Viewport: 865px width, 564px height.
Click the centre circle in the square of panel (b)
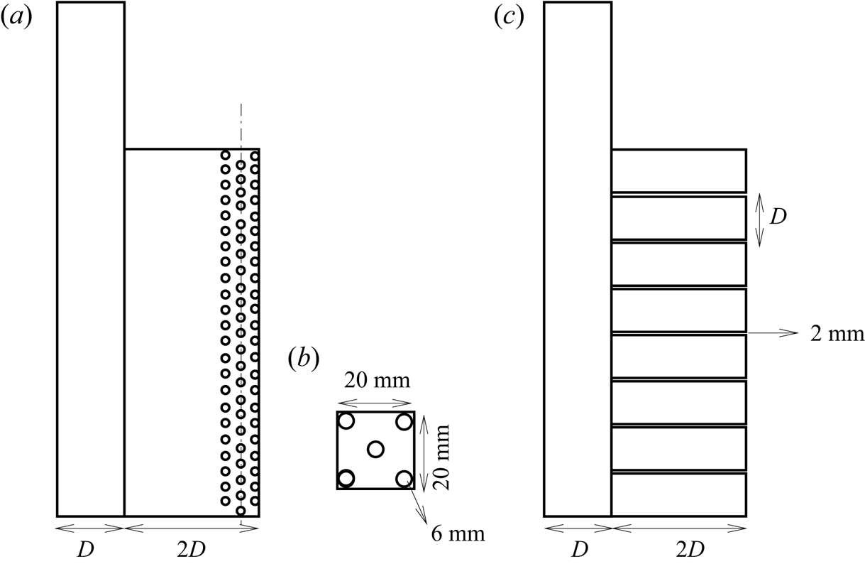click(375, 449)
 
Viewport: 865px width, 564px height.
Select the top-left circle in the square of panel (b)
click(346, 421)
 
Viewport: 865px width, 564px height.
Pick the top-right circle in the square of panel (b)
click(404, 421)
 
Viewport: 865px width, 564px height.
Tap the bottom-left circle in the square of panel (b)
click(346, 478)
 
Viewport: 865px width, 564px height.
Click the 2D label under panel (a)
click(192, 551)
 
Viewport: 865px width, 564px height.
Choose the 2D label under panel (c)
click(678, 551)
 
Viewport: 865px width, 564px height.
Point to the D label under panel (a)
click(90, 551)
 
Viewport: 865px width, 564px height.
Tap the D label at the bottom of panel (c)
click(578, 551)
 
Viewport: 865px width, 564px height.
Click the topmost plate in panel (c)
click(678, 170)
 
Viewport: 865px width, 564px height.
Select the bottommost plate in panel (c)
click(678, 494)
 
